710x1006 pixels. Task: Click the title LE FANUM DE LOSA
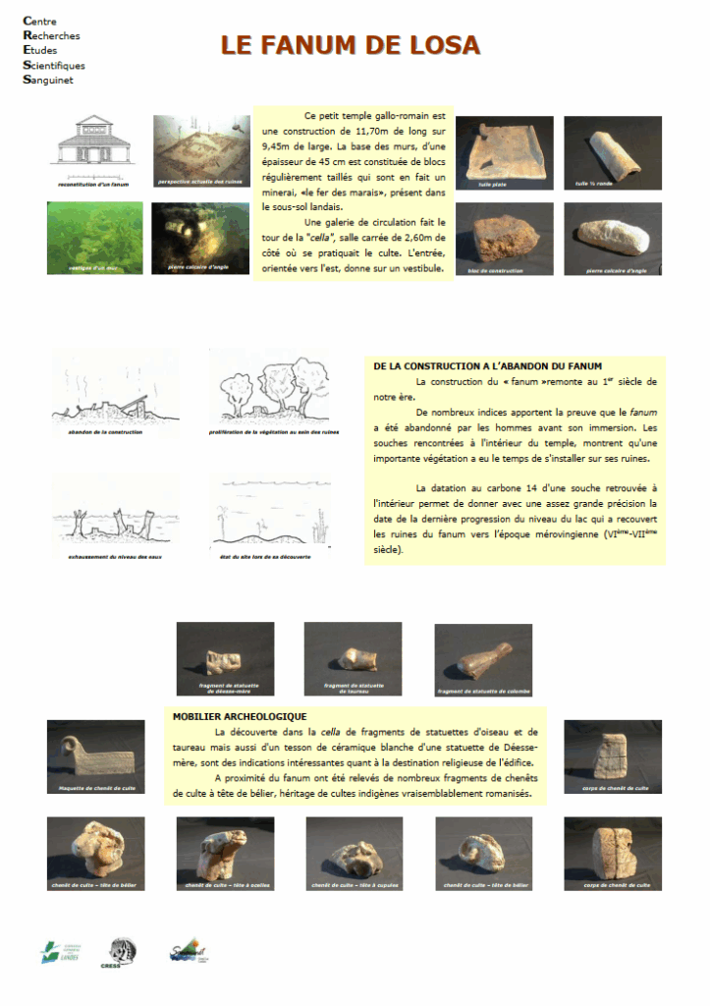click(x=350, y=45)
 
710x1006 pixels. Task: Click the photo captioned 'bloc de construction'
click(x=504, y=237)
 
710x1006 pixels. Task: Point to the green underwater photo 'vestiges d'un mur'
click(x=94, y=237)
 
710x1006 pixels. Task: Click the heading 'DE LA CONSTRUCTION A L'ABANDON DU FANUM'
click(x=488, y=365)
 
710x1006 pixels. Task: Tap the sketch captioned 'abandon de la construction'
click(x=115, y=390)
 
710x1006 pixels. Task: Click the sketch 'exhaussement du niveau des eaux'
click(x=115, y=514)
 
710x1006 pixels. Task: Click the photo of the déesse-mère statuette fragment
click(x=225, y=657)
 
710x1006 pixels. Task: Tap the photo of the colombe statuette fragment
click(x=483, y=657)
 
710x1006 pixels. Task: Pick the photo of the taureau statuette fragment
click(x=353, y=657)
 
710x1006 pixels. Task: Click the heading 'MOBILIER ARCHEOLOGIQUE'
click(x=240, y=716)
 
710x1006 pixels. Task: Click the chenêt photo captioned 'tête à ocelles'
click(x=225, y=852)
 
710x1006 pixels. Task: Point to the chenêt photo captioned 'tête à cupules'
click(x=354, y=852)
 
